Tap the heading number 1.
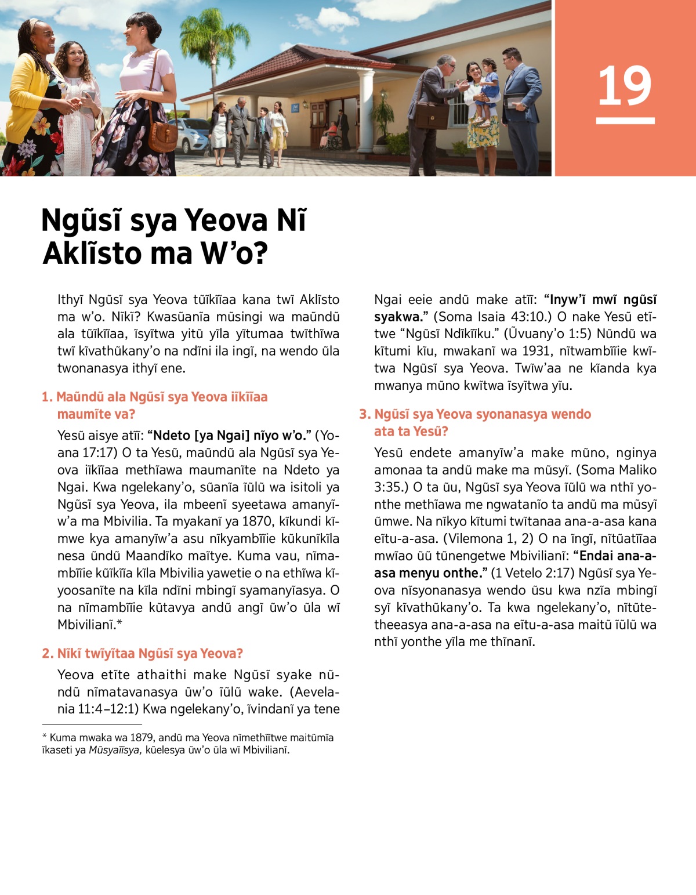point(47,397)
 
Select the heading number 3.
point(364,414)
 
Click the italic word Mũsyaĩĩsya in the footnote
point(115,750)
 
